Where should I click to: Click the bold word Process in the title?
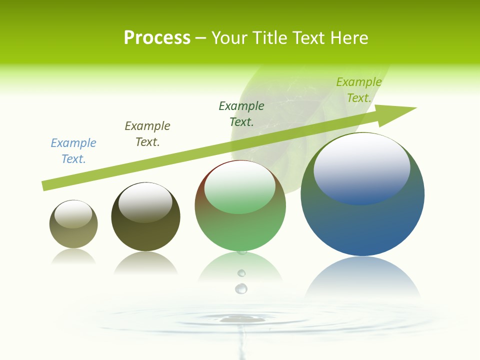157,38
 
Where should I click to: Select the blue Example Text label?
73,151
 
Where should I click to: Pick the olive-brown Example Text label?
147,134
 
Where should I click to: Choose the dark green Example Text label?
241,113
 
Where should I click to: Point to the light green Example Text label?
359,90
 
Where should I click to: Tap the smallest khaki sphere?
73,232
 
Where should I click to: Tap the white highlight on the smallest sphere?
73,214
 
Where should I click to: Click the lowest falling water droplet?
241,288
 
